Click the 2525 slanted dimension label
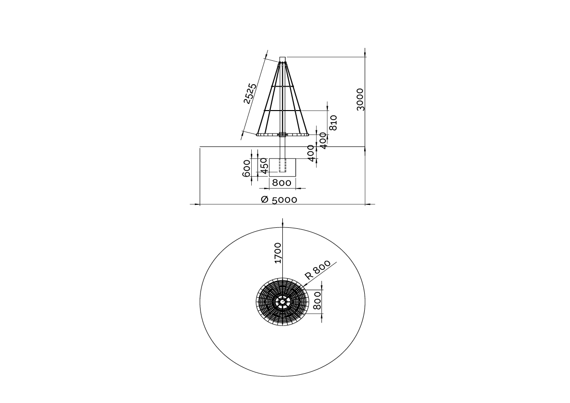coord(250,94)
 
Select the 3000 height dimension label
coord(360,99)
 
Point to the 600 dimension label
coord(246,168)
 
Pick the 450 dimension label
coord(264,165)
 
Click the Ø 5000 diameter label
coord(279,200)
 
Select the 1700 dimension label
coord(278,253)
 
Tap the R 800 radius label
coord(317,269)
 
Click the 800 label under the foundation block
coord(282,183)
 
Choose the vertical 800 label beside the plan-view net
coord(317,301)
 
